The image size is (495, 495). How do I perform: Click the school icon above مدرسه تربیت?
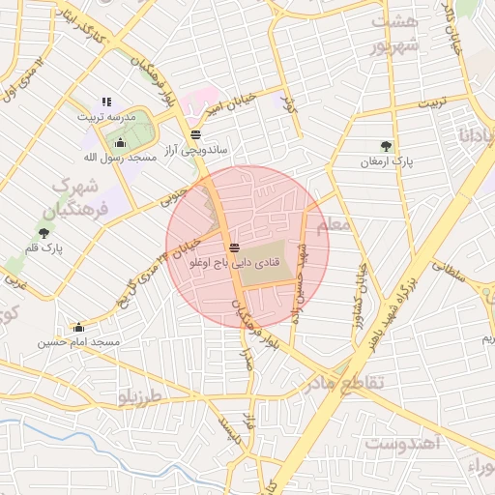coord(106,102)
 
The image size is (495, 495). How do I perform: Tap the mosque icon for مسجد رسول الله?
coord(120,142)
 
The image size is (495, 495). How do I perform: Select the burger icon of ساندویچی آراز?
coord(196,134)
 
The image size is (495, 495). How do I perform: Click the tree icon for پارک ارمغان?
coord(387,146)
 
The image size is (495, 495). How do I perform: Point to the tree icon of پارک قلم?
coord(44,232)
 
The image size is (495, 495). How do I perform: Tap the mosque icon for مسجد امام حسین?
coord(77,327)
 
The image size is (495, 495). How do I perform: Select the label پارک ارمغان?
coord(387,162)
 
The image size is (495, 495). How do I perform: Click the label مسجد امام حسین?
coord(78,342)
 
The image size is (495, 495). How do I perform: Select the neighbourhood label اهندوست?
coord(403,443)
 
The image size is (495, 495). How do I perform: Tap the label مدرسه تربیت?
coord(107,116)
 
